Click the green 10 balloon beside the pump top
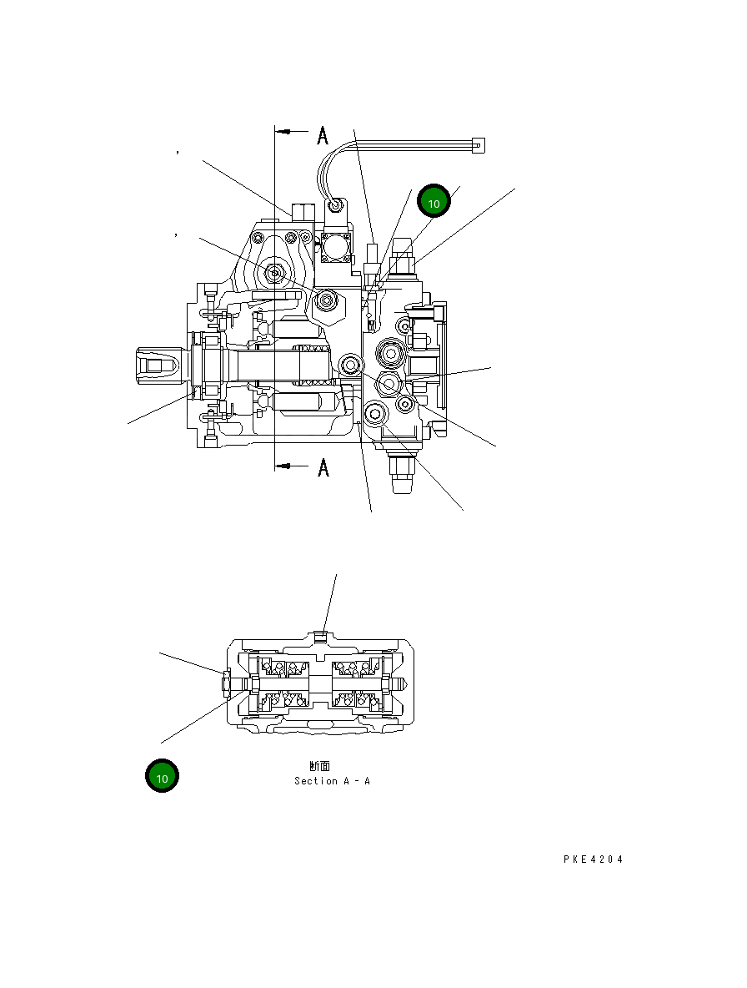pos(434,203)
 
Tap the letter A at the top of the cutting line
pos(323,134)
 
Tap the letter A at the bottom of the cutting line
pos(323,468)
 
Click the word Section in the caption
pos(316,781)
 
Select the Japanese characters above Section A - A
pos(319,765)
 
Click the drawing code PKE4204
pos(592,859)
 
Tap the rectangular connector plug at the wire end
pos(477,144)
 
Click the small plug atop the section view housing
pos(323,638)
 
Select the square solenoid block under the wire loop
pos(336,248)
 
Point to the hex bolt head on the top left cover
pos(273,273)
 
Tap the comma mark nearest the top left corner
pos(178,152)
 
